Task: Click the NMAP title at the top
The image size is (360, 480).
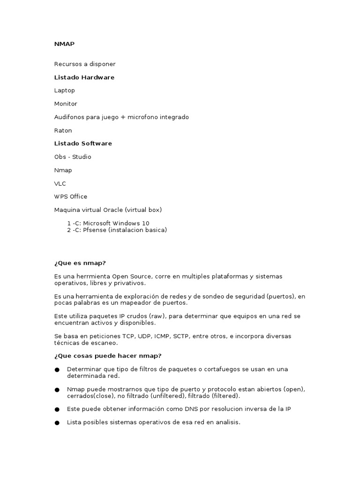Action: click(x=64, y=44)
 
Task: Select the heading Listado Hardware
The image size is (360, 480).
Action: click(x=84, y=77)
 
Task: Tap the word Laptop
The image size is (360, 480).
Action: click(x=64, y=90)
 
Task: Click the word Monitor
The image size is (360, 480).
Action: click(x=66, y=104)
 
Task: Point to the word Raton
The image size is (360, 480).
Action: click(x=63, y=130)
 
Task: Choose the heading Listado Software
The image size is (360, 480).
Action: click(x=83, y=143)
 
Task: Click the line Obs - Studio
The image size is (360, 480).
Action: click(x=73, y=157)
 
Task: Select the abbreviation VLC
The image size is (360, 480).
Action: click(x=60, y=183)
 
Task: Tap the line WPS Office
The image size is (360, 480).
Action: click(x=71, y=197)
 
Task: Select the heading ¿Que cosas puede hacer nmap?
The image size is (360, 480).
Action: click(x=107, y=356)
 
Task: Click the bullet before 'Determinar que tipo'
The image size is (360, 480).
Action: click(x=57, y=369)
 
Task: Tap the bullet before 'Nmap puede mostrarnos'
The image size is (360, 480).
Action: click(x=57, y=390)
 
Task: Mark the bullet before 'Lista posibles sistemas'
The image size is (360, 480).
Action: click(x=57, y=422)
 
